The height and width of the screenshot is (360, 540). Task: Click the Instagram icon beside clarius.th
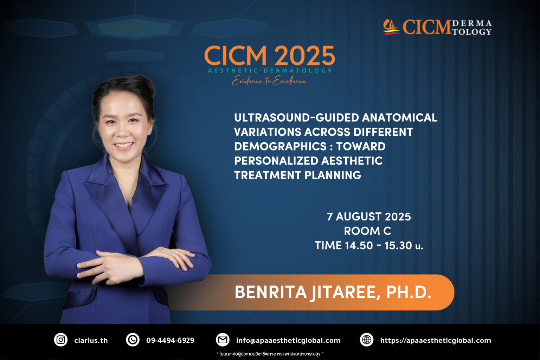(60, 340)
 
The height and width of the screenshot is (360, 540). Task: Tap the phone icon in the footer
(133, 340)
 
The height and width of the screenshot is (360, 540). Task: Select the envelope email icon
(223, 340)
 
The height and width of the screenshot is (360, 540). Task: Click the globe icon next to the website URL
(367, 340)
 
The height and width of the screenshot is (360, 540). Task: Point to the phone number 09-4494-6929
(170, 340)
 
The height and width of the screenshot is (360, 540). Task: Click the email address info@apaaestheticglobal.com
(288, 340)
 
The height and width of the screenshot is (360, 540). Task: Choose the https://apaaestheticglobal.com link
(436, 340)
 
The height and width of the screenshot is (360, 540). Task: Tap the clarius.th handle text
(91, 340)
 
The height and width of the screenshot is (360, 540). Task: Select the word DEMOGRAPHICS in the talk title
(280, 146)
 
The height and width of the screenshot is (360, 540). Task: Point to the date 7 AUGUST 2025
(369, 217)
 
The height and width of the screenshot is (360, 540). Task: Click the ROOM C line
(368, 231)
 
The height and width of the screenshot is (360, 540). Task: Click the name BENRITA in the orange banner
(271, 292)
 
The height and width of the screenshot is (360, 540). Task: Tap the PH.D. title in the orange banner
(409, 292)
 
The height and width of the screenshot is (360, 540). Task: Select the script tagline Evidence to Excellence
(269, 81)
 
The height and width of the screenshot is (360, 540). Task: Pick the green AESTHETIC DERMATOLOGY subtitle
(270, 71)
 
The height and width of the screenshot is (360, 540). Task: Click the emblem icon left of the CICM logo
(391, 27)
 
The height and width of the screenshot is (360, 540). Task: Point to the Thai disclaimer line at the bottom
(270, 354)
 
